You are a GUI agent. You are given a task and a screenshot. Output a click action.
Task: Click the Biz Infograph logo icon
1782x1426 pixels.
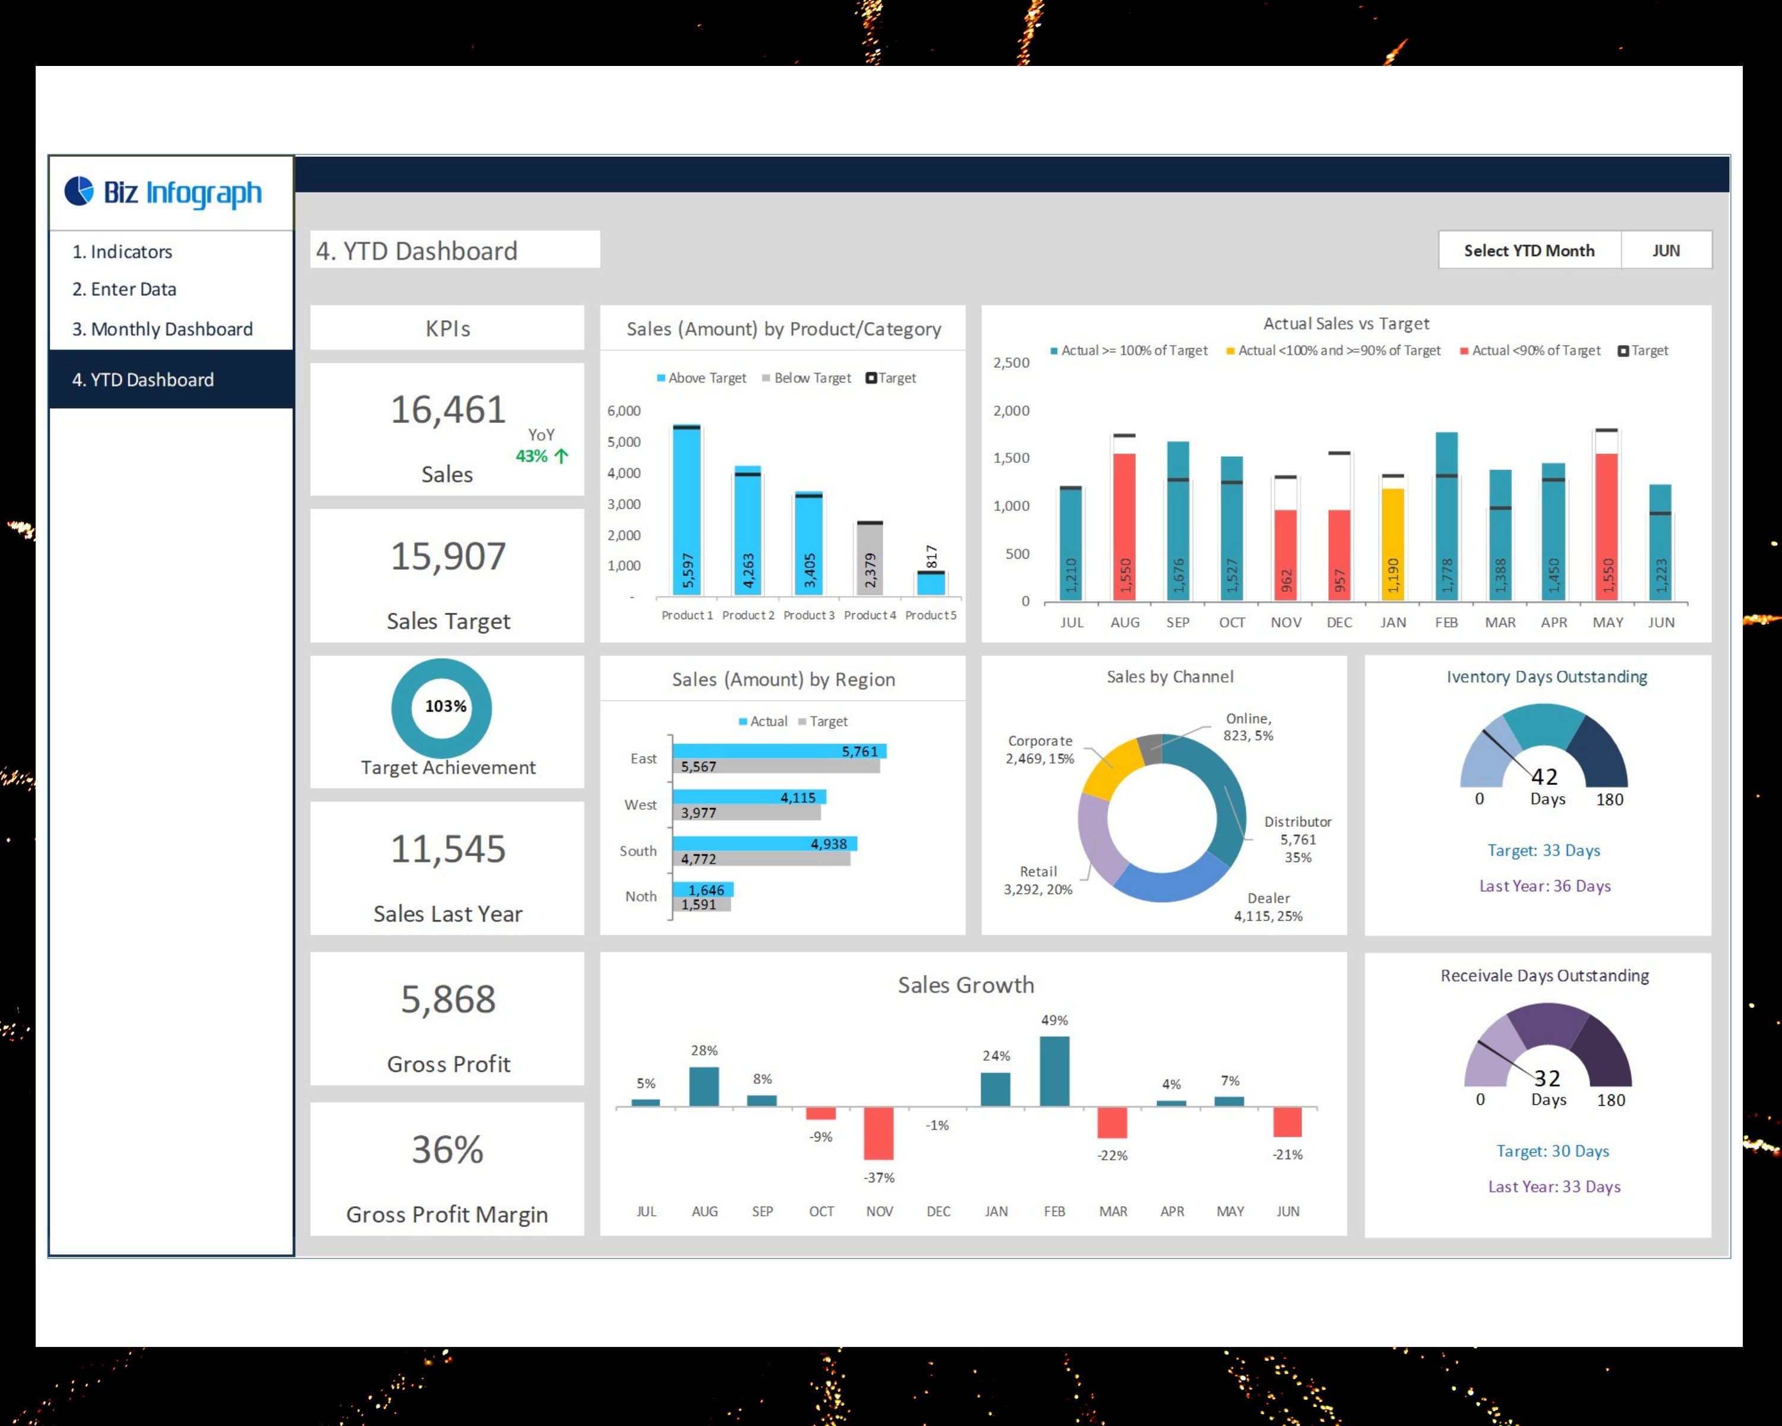click(80, 191)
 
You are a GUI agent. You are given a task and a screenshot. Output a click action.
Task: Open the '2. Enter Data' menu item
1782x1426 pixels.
click(124, 289)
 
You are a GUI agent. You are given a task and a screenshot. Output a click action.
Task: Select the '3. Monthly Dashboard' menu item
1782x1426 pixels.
click(162, 329)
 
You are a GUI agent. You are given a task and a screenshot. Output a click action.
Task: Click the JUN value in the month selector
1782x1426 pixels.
click(1666, 251)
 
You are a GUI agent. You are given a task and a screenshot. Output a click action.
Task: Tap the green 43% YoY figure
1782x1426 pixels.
click(532, 456)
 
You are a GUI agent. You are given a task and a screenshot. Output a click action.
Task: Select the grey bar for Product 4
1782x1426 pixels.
click(870, 559)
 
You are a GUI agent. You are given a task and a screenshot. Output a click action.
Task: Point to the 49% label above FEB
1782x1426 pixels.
click(1054, 1020)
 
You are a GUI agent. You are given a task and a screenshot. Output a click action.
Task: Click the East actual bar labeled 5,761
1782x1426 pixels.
click(779, 750)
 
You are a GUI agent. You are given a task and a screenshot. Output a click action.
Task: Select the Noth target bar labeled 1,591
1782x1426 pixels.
click(701, 905)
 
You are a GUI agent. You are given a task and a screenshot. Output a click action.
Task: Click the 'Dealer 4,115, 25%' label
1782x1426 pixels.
click(1268, 907)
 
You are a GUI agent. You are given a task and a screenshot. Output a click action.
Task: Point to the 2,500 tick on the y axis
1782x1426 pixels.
click(1011, 363)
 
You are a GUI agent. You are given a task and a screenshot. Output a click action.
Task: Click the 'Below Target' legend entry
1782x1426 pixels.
click(807, 378)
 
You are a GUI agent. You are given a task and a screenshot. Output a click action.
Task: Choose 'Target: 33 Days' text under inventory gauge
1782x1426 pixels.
click(1543, 851)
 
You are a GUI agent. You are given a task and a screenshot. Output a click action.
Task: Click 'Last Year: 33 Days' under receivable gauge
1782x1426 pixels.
click(1554, 1187)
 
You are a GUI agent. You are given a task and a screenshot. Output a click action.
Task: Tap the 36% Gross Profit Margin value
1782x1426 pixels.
click(447, 1150)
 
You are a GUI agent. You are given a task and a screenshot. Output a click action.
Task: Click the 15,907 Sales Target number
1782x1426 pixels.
click(447, 556)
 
